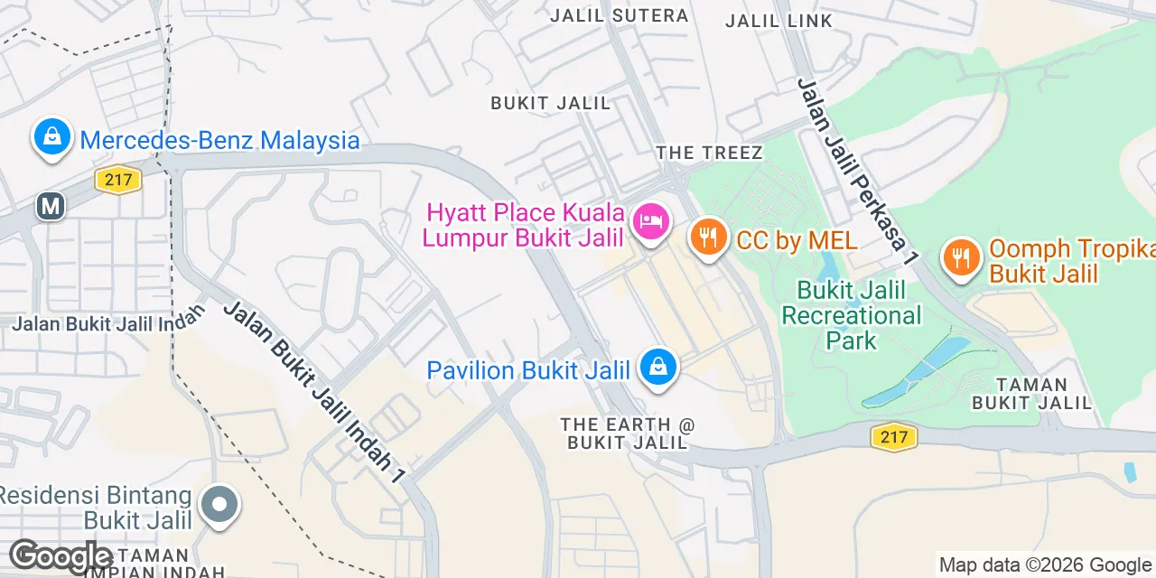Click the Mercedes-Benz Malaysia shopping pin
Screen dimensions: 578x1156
point(52,137)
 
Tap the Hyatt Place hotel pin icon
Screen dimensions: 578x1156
point(651,221)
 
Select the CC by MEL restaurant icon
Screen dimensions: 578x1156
point(709,238)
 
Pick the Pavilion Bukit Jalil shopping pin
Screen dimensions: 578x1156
point(658,367)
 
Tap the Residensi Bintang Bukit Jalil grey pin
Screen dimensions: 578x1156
point(219,504)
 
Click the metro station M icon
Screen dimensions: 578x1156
point(51,206)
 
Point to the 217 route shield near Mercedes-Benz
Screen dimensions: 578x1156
point(118,180)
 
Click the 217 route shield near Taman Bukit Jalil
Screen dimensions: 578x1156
point(894,438)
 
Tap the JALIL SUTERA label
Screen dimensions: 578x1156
point(619,15)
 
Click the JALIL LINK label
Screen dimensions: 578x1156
point(778,20)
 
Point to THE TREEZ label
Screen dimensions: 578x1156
point(709,153)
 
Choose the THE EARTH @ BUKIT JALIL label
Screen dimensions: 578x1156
point(628,433)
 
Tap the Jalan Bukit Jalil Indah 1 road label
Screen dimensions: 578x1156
point(312,392)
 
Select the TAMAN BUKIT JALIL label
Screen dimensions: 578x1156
point(1032,394)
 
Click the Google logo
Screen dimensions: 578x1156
point(61,556)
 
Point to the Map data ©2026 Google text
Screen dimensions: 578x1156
point(1045,565)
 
